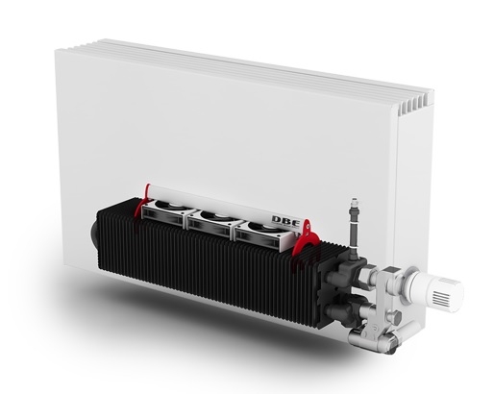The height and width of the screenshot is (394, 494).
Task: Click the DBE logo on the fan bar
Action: [x=286, y=221]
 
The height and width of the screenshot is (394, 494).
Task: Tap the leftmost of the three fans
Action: [x=163, y=211]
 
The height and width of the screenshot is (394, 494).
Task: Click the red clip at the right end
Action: [x=305, y=238]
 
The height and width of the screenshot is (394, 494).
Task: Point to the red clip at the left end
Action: [x=141, y=202]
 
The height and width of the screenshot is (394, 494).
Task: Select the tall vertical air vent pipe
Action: [x=354, y=230]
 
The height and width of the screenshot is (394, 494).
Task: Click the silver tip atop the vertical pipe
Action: [x=355, y=203]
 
